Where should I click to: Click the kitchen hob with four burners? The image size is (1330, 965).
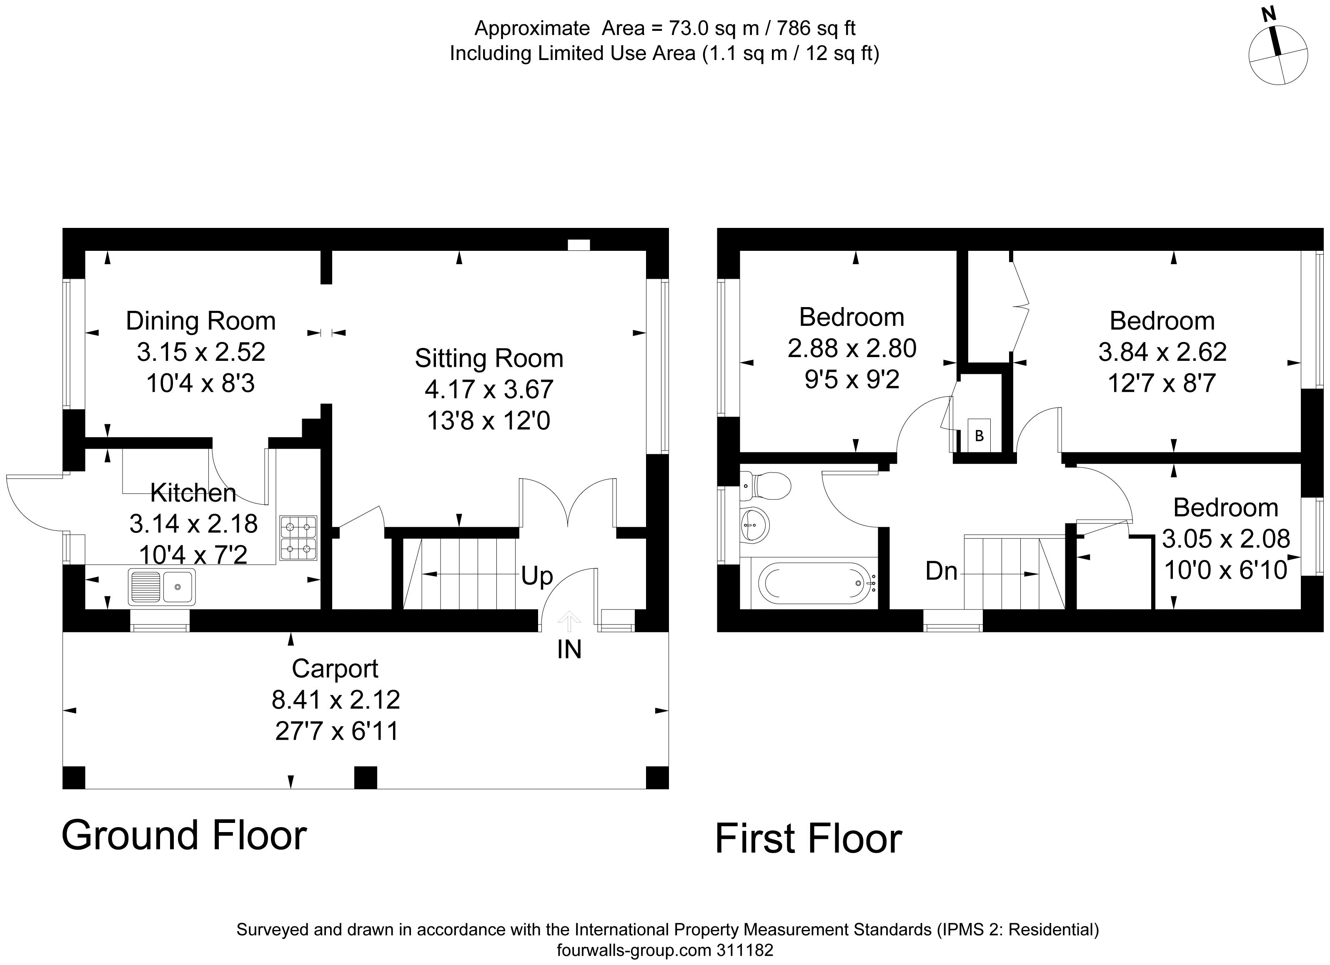pyautogui.click(x=298, y=537)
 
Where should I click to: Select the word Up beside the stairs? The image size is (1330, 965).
pyautogui.click(x=536, y=576)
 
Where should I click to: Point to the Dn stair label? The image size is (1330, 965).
pyautogui.click(x=941, y=570)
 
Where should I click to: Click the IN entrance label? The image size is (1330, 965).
pyautogui.click(x=569, y=649)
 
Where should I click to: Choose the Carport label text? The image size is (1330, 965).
pyautogui.click(x=335, y=668)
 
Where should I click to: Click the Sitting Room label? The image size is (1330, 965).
pyautogui.click(x=489, y=358)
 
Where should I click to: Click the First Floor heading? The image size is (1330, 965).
pyautogui.click(x=808, y=839)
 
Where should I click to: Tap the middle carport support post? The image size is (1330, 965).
pyautogui.click(x=366, y=777)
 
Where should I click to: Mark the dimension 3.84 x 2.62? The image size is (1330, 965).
pyautogui.click(x=1162, y=352)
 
